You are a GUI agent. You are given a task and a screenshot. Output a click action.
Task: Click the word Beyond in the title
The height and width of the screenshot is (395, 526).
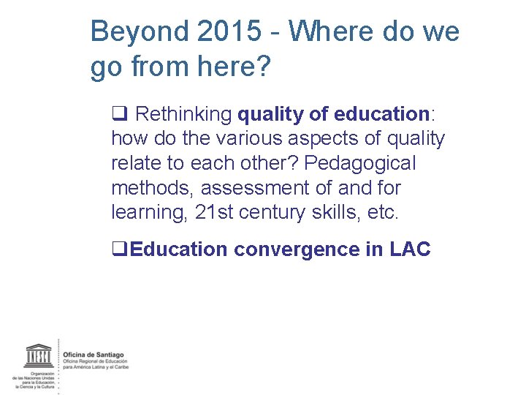[138, 32]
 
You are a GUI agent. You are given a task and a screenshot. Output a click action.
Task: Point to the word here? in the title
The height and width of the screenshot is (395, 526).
[235, 68]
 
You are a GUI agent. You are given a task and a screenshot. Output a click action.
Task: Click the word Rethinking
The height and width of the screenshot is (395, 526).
[184, 114]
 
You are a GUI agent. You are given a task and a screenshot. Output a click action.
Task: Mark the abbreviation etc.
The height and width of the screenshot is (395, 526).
[385, 212]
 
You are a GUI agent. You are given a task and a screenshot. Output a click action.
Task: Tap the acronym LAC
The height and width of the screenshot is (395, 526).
[410, 249]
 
